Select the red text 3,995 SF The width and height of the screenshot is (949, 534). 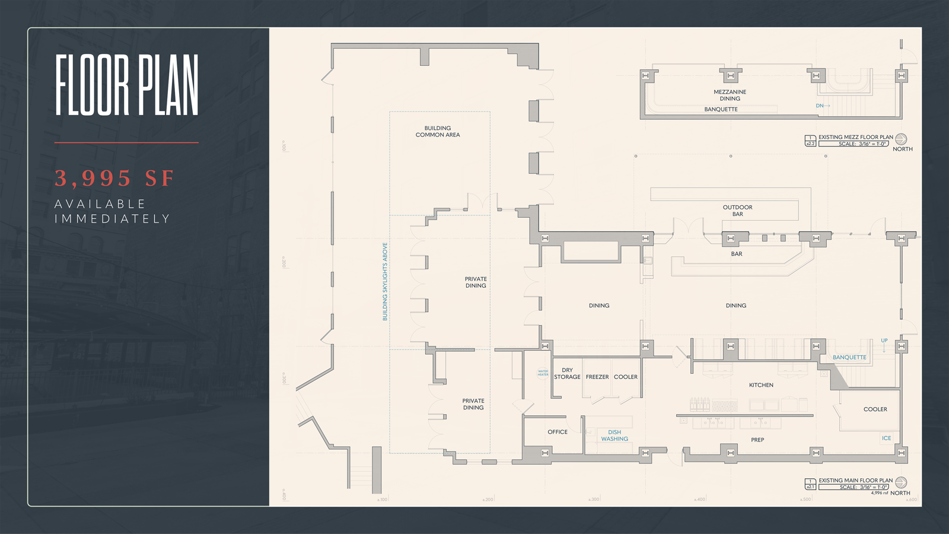(x=114, y=178)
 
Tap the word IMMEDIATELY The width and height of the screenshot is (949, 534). (x=112, y=219)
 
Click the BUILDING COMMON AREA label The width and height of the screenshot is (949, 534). (x=438, y=132)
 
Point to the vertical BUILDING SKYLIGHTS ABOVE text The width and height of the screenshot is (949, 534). (x=385, y=281)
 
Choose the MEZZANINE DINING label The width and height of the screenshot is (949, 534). (x=730, y=96)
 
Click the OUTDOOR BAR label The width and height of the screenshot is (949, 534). (x=737, y=211)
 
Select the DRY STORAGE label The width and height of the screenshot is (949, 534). (x=567, y=373)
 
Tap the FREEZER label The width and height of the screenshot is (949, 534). (x=597, y=377)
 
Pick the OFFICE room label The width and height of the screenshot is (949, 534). (x=558, y=432)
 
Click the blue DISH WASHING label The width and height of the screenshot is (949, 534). (x=614, y=436)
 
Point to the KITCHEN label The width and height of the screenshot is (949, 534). (x=761, y=385)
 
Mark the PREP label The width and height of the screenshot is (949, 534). (x=757, y=440)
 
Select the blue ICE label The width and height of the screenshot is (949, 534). (x=886, y=438)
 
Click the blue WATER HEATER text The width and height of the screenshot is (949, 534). (x=543, y=373)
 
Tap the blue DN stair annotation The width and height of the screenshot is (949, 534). (x=820, y=106)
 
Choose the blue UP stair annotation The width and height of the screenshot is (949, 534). (x=884, y=341)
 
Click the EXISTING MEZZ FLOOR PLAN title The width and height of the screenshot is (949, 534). (x=856, y=137)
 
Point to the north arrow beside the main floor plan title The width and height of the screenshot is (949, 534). (x=901, y=482)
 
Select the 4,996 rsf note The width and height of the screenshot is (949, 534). (x=879, y=493)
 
